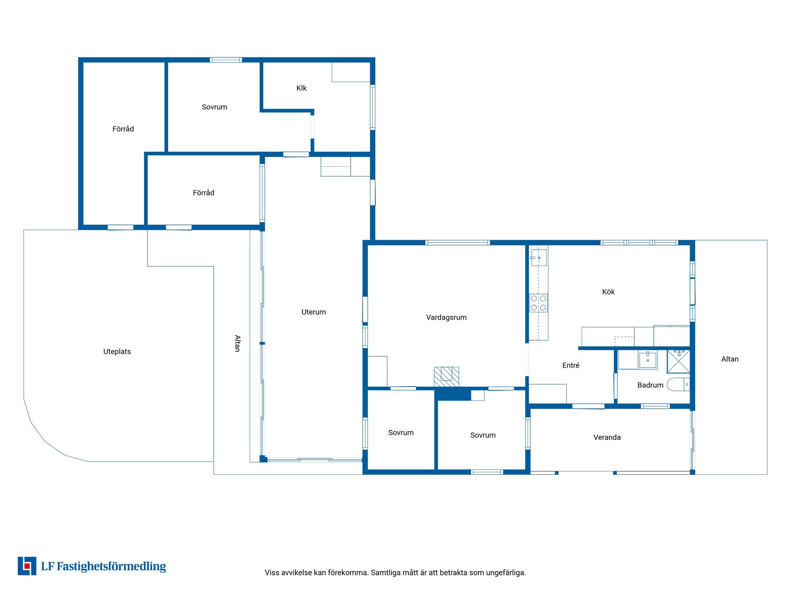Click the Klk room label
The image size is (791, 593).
(301, 88)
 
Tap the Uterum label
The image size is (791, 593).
(314, 312)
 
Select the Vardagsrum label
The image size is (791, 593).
(446, 318)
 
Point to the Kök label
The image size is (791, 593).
(608, 292)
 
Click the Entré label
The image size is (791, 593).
(571, 365)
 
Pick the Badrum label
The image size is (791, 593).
(650, 385)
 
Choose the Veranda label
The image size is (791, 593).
(607, 437)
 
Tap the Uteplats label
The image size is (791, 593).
(117, 352)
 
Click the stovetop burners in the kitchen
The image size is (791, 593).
(538, 303)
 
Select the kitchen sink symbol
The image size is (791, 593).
(538, 258)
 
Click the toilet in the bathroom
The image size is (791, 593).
(678, 384)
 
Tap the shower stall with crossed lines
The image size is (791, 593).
(678, 361)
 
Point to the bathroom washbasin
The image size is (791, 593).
(648, 360)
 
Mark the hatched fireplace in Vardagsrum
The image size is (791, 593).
(446, 377)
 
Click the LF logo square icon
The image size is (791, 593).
(27, 566)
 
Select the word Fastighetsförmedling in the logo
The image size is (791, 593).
(111, 567)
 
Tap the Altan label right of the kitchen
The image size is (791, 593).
(730, 359)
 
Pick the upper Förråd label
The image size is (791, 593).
(123, 129)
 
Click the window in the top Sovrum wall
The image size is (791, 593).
(226, 60)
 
